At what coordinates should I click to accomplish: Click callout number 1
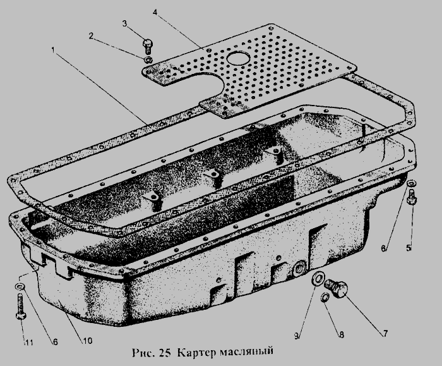click(x=53, y=50)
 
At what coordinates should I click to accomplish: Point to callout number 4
click(x=155, y=12)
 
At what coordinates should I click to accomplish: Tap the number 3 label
click(x=125, y=23)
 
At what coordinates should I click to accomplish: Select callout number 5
click(x=409, y=248)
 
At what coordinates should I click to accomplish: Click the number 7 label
click(x=385, y=333)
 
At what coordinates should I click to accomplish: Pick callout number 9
click(x=296, y=336)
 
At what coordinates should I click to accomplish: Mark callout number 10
click(x=87, y=341)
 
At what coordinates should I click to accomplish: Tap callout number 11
click(x=29, y=343)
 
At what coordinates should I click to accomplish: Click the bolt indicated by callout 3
click(x=147, y=46)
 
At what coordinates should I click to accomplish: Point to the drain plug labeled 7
click(x=337, y=288)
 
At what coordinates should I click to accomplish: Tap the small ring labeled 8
click(x=325, y=297)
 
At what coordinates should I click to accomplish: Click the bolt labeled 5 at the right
click(x=412, y=197)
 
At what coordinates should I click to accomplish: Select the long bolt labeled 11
click(x=21, y=307)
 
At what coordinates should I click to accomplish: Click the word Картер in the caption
click(x=196, y=353)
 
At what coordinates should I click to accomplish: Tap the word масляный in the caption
click(x=246, y=352)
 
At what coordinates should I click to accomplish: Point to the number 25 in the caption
click(x=165, y=353)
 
